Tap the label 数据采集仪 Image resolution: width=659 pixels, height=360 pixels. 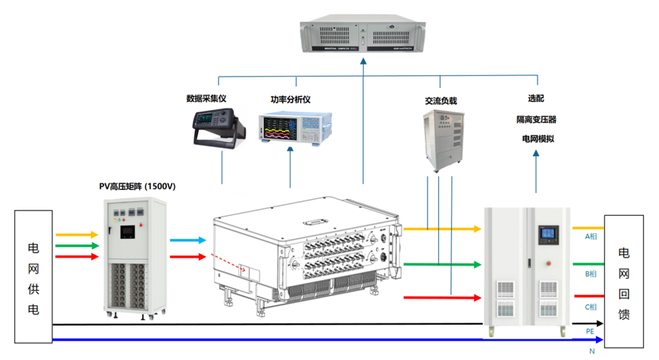click(x=207, y=99)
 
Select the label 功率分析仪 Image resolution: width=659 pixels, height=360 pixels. click(x=291, y=99)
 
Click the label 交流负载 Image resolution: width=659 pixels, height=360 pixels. click(x=440, y=100)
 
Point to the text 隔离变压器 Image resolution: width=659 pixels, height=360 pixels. click(x=537, y=119)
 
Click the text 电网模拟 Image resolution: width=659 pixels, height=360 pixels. click(x=537, y=138)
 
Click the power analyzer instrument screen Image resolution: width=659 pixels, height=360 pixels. click(x=282, y=127)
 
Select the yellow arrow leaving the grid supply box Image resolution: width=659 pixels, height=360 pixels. click(x=76, y=235)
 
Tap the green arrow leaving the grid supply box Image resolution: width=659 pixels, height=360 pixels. click(x=76, y=246)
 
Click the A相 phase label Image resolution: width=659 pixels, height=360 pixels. click(x=591, y=237)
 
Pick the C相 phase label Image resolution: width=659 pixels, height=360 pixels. click(x=591, y=307)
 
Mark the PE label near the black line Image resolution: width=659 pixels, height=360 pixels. click(x=590, y=331)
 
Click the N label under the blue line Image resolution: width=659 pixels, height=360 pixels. click(x=590, y=350)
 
